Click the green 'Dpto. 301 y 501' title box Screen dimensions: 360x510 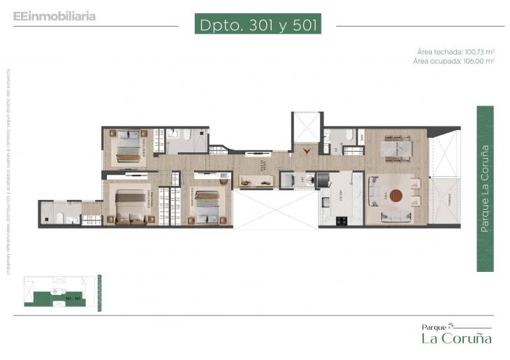258,24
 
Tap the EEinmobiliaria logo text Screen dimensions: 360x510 54,15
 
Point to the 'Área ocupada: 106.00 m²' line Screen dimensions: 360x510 454,62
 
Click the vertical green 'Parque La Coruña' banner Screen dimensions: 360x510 485,189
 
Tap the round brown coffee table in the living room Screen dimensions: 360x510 397,196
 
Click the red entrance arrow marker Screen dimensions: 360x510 305,149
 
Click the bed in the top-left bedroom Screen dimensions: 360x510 128,146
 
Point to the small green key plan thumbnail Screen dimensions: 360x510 59,292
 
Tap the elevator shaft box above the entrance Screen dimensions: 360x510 305,127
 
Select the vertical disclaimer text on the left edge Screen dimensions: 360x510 8,171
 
